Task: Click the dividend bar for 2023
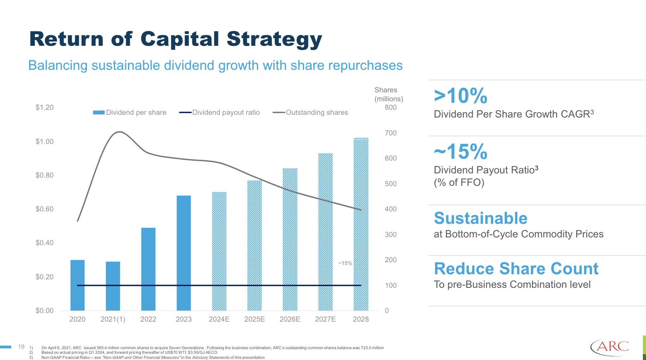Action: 184,253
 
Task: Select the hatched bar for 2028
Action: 361,224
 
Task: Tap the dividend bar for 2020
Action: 78,285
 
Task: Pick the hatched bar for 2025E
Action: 254,245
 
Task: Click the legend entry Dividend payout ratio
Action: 219,112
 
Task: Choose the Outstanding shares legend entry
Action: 311,112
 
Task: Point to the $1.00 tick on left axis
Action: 45,142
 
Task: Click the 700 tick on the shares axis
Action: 390,133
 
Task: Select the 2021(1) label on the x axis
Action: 113,319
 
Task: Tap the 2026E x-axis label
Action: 290,319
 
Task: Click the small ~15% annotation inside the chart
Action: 345,263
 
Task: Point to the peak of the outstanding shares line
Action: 119,132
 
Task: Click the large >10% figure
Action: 460,96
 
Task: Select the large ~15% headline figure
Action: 460,152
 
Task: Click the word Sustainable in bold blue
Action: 480,218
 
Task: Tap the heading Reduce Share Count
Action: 516,269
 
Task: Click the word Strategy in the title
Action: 274,40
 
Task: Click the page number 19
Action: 21,347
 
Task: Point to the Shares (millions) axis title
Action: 389,94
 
